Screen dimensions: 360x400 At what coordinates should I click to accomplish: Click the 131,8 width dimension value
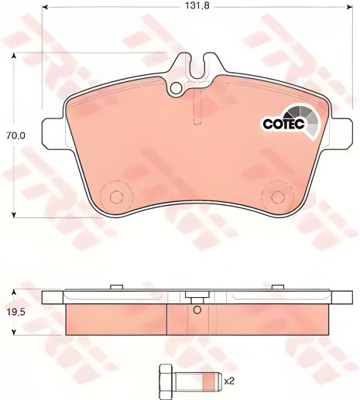click(197, 5)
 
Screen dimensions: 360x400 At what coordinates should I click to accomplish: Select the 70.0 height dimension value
click(16, 135)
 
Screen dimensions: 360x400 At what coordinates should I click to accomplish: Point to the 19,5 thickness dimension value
click(16, 313)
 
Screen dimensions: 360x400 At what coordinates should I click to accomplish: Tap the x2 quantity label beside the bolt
click(229, 381)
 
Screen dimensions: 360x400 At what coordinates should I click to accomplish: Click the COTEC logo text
click(284, 124)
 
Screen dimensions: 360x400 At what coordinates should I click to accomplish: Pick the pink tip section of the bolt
click(209, 381)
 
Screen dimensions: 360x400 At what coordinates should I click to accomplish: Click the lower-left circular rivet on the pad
click(117, 197)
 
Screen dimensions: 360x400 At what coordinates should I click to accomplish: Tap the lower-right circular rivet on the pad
click(278, 197)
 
